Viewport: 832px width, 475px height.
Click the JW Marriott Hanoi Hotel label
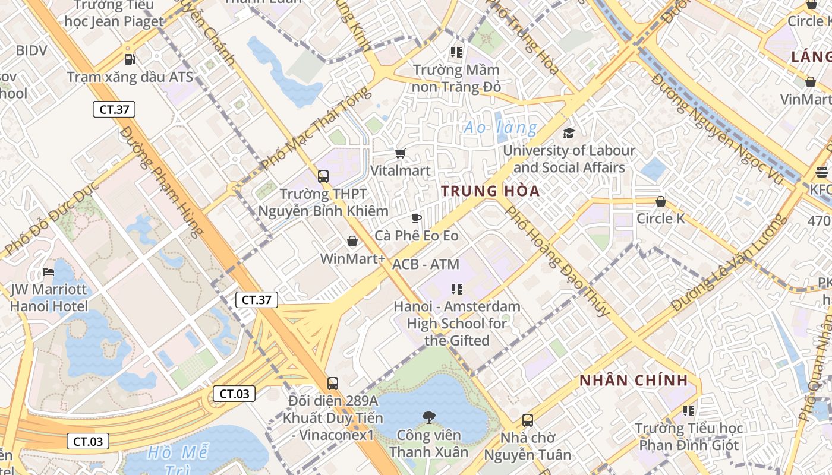pyautogui.click(x=49, y=298)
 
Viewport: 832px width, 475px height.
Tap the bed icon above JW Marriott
pyautogui.click(x=49, y=273)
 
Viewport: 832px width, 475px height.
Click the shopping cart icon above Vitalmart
pyautogui.click(x=400, y=154)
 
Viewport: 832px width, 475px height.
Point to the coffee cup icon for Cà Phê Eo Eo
pyautogui.click(x=416, y=218)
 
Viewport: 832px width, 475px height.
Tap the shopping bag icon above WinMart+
pyautogui.click(x=352, y=241)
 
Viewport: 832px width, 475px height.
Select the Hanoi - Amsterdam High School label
pyautogui.click(x=456, y=324)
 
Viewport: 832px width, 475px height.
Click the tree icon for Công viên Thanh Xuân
pyautogui.click(x=428, y=417)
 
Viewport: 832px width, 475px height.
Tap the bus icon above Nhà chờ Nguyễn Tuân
pyautogui.click(x=527, y=420)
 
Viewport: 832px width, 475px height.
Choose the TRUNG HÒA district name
pyautogui.click(x=490, y=191)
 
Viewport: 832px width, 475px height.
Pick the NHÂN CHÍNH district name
pyautogui.click(x=634, y=381)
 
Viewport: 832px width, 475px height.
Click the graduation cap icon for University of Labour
pyautogui.click(x=569, y=133)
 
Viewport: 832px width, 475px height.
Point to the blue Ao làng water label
pyautogui.click(x=500, y=128)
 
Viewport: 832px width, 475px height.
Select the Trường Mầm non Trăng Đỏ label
pyautogui.click(x=456, y=78)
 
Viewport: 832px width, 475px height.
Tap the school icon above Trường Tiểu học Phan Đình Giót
pyautogui.click(x=689, y=410)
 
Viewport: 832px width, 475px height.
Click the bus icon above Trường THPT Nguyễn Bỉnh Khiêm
pyautogui.click(x=323, y=176)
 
